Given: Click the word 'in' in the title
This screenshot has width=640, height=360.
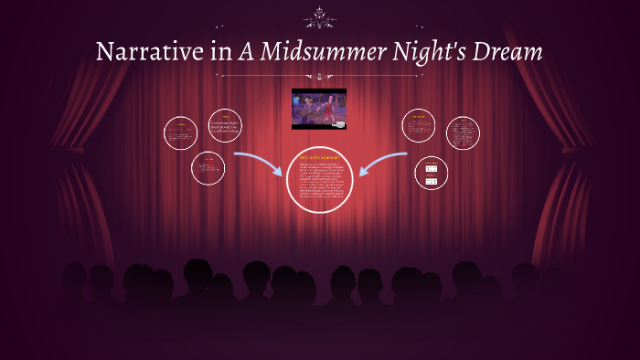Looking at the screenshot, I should (220, 52).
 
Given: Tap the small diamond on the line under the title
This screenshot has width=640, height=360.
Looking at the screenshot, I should (319, 75).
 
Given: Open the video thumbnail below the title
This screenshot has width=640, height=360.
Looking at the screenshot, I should (319, 108).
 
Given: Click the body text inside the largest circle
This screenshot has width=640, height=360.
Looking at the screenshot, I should (319, 183).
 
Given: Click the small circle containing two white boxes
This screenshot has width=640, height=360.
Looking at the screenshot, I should (431, 173).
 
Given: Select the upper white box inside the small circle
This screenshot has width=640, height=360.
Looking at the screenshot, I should (431, 168).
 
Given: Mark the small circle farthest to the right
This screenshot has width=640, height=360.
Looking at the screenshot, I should (463, 132).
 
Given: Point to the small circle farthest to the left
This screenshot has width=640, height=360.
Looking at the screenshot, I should (181, 133).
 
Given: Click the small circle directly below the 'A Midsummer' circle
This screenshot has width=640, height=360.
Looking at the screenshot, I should (208, 167).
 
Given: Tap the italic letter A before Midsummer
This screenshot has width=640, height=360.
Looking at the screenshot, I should (246, 52).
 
